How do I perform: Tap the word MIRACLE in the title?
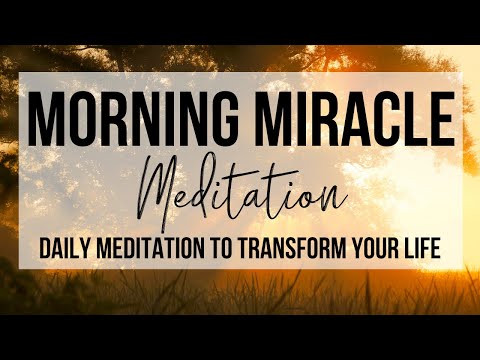(349, 120)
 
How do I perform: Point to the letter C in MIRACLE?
(391, 120)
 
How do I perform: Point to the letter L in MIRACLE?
(418, 120)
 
